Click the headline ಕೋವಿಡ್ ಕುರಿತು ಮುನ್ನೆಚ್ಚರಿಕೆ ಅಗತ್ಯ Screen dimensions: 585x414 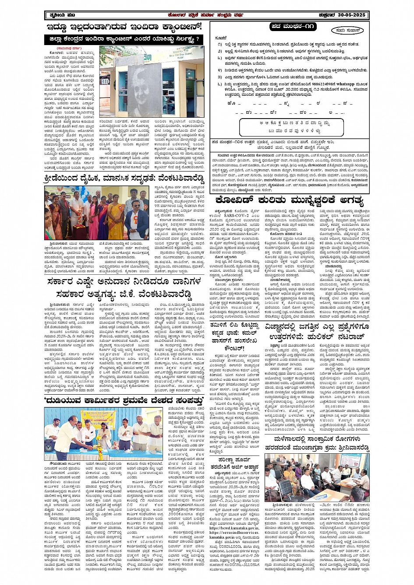point(290,201)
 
